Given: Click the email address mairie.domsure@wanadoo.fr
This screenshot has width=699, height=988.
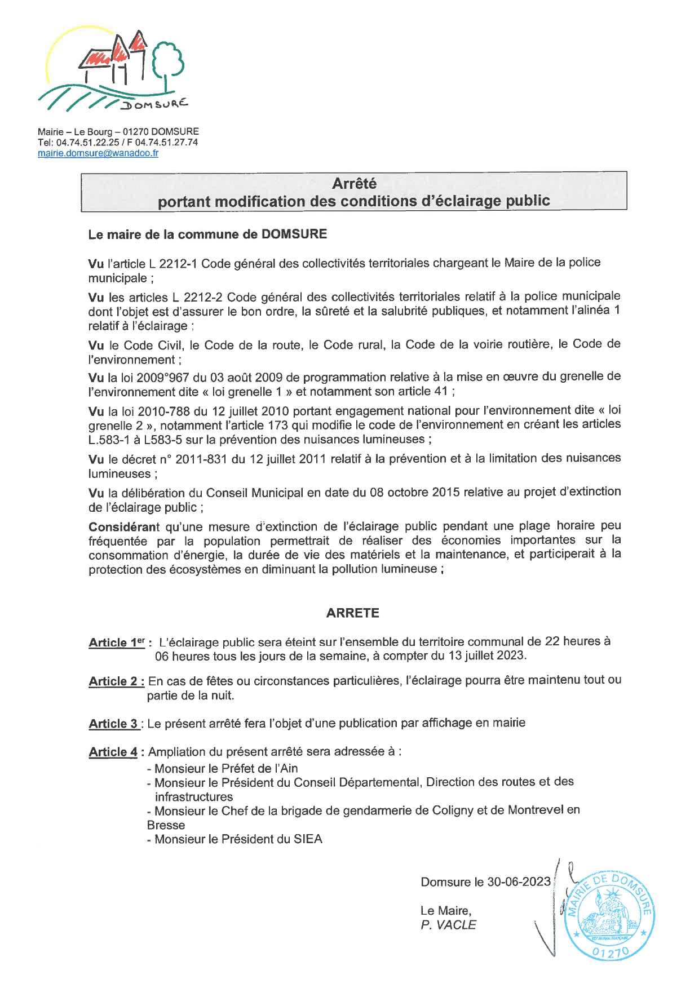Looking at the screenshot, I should pyautogui.click(x=98, y=153).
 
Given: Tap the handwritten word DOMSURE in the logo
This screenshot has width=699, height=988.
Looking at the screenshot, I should pyautogui.click(x=154, y=105).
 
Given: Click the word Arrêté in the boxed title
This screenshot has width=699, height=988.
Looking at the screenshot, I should pyautogui.click(x=354, y=184).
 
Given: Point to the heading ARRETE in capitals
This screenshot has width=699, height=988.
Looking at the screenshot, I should pyautogui.click(x=352, y=613).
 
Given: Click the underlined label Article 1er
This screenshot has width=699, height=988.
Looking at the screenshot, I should pyautogui.click(x=117, y=643).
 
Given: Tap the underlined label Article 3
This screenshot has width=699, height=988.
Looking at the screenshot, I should pyautogui.click(x=113, y=724).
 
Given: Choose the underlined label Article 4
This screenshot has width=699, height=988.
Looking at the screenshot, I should pyautogui.click(x=113, y=752).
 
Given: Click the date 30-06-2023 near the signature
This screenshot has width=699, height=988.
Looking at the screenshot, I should pyautogui.click(x=519, y=882).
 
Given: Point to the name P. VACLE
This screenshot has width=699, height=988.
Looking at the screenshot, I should pyautogui.click(x=448, y=925).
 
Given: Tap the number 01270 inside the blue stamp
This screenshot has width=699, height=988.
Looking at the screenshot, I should pyautogui.click(x=610, y=952).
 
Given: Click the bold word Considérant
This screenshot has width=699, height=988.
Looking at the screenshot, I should pyautogui.click(x=124, y=527).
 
